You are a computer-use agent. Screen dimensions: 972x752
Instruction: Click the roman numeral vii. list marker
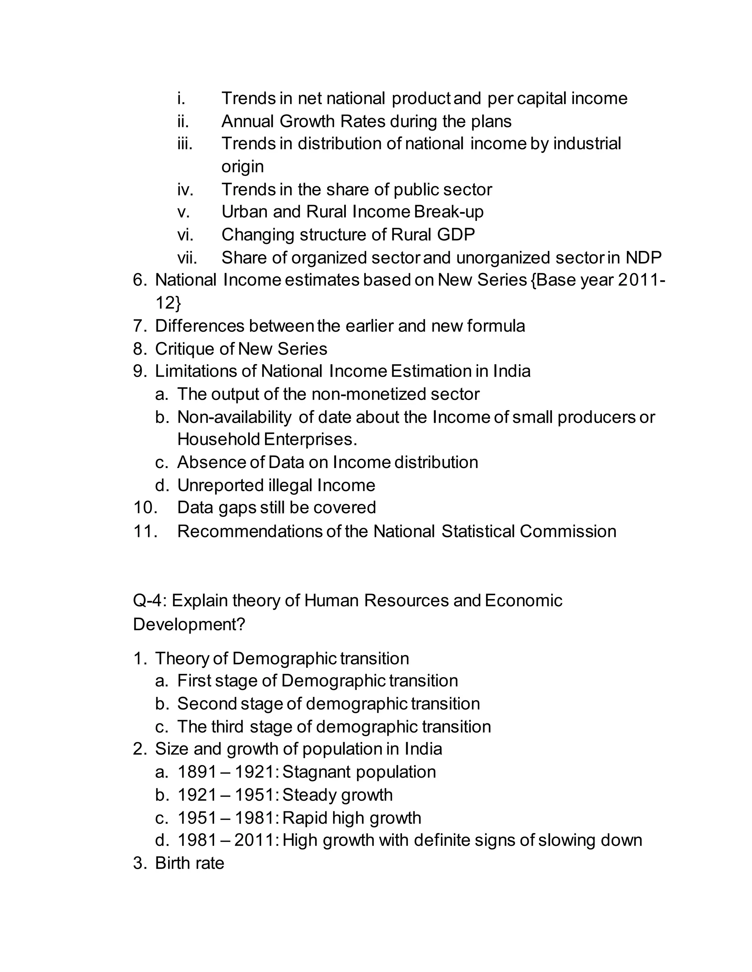click(x=187, y=258)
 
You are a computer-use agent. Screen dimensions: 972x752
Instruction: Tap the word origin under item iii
click(x=242, y=167)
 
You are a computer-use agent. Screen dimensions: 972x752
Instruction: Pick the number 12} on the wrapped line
click(x=168, y=303)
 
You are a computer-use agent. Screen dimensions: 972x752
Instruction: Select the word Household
click(x=218, y=440)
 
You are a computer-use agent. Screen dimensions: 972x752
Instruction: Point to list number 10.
click(x=145, y=508)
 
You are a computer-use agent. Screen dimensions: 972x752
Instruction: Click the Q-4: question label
click(x=150, y=601)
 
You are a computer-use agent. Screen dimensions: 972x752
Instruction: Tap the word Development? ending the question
click(x=189, y=624)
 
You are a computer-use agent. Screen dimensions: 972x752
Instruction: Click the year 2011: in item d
click(x=257, y=840)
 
